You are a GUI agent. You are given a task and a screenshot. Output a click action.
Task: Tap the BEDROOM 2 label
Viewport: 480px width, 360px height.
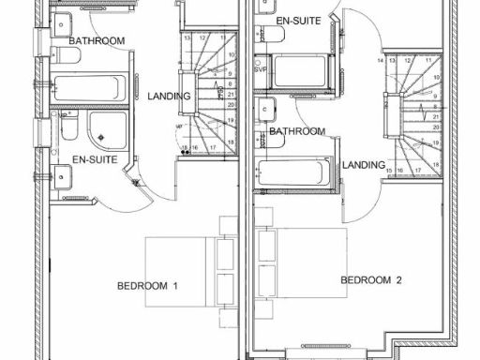371,279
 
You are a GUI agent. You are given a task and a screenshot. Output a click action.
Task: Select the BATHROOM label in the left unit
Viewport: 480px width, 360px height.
97,41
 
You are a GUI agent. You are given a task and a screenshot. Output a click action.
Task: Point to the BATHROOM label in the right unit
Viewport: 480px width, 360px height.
297,131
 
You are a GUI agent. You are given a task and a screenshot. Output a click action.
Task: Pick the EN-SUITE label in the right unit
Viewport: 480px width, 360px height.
298,20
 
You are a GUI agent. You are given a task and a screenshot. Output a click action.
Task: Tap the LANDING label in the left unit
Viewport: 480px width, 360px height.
169,97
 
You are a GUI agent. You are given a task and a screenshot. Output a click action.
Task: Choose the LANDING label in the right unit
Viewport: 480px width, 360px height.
364,165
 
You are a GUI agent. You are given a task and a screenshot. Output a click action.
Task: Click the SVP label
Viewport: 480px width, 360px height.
261,68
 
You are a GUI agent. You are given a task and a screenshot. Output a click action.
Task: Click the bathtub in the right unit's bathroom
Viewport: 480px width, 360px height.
292,173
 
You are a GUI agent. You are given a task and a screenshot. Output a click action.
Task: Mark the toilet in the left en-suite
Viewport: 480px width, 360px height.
68,127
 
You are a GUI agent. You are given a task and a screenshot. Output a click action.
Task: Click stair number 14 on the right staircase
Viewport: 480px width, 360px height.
380,61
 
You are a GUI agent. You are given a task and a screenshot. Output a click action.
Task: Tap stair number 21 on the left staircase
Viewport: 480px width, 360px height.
231,94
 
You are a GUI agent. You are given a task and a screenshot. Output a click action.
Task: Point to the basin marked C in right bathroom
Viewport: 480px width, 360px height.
267,108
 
